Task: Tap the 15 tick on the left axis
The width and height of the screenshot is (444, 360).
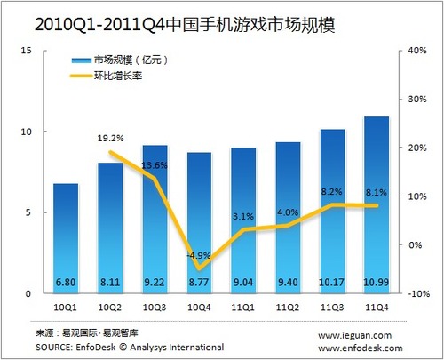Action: (28, 51)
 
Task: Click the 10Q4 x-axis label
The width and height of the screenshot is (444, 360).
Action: (200, 306)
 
